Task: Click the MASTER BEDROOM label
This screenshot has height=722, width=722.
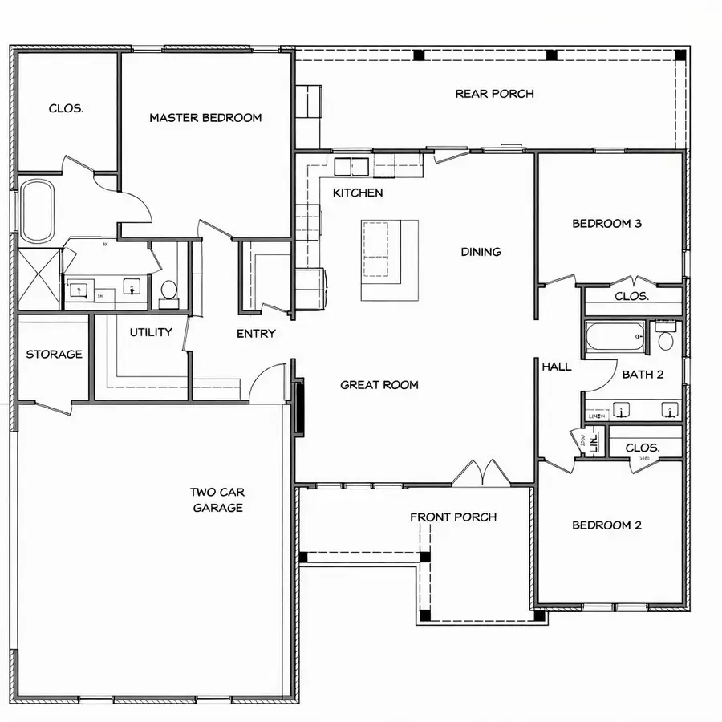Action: tap(205, 118)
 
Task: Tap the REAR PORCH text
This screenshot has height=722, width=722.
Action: tap(494, 94)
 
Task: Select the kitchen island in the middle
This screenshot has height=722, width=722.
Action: tap(389, 259)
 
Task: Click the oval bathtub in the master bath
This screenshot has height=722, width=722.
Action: tap(37, 211)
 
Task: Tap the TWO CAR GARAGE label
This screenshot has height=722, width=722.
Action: tap(217, 500)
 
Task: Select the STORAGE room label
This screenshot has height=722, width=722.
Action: tap(54, 354)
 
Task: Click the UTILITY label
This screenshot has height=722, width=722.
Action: tap(151, 332)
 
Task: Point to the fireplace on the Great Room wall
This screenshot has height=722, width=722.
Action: tap(300, 408)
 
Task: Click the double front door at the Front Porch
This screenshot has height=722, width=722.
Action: tap(481, 475)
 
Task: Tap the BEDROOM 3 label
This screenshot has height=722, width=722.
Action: tap(606, 224)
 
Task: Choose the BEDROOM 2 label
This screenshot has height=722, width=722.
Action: tap(606, 525)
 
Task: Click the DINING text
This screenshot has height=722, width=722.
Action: tap(481, 252)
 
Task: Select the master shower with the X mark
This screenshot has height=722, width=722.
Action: tap(39, 279)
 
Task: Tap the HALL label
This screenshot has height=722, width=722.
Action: tap(557, 367)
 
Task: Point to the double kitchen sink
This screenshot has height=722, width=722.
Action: tap(351, 167)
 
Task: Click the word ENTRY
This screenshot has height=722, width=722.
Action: tap(256, 334)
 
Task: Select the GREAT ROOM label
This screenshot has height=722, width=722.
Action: tap(379, 385)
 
